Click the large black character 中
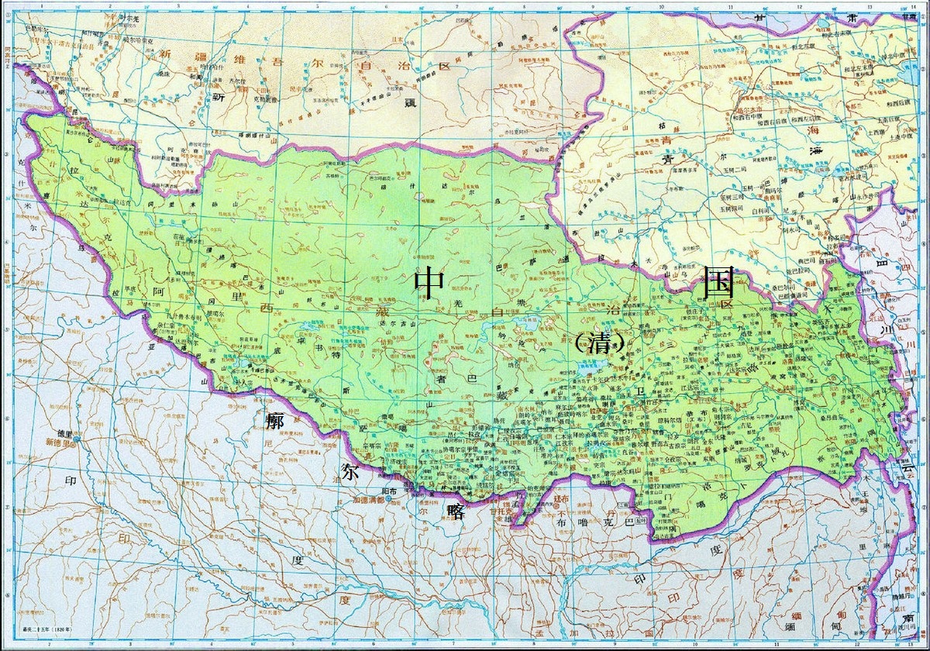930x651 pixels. tap(429, 282)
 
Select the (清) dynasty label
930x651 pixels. tap(599, 345)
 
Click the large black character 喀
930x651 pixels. tap(455, 511)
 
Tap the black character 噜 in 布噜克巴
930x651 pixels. tap(587, 523)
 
